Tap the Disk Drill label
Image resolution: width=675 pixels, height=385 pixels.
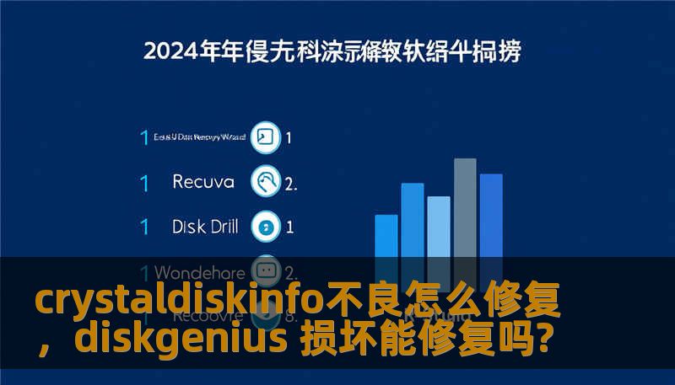tap(205, 227)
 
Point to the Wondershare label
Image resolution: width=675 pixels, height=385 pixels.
tap(200, 273)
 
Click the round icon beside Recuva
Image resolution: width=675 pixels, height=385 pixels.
tap(267, 181)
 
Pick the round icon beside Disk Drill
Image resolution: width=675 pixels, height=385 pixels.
tap(267, 227)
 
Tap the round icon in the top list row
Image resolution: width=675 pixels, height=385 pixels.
tap(267, 137)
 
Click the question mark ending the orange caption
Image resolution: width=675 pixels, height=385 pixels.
tap(545, 340)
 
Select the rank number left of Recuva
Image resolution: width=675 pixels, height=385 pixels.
tap(144, 181)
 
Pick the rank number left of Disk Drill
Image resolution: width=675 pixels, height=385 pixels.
tap(144, 227)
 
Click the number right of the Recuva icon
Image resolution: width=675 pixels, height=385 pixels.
tap(291, 182)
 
